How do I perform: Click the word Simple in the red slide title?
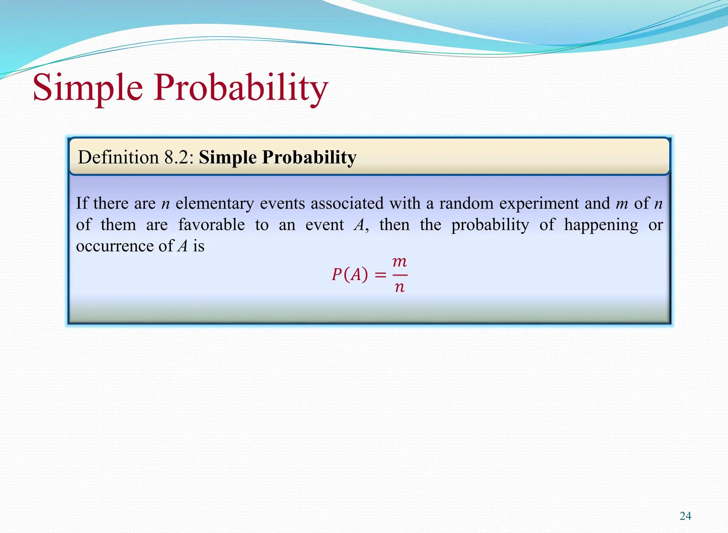coord(88,88)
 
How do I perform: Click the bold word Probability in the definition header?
coord(309,157)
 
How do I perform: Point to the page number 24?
coord(685,516)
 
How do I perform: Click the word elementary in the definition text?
coord(215,204)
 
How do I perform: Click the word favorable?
coord(211,225)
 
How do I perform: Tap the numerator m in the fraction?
coord(399,262)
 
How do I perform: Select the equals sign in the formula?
coord(380,275)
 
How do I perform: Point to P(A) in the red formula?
coord(350,275)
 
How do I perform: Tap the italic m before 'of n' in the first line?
coord(622,204)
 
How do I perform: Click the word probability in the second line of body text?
coord(490,225)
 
